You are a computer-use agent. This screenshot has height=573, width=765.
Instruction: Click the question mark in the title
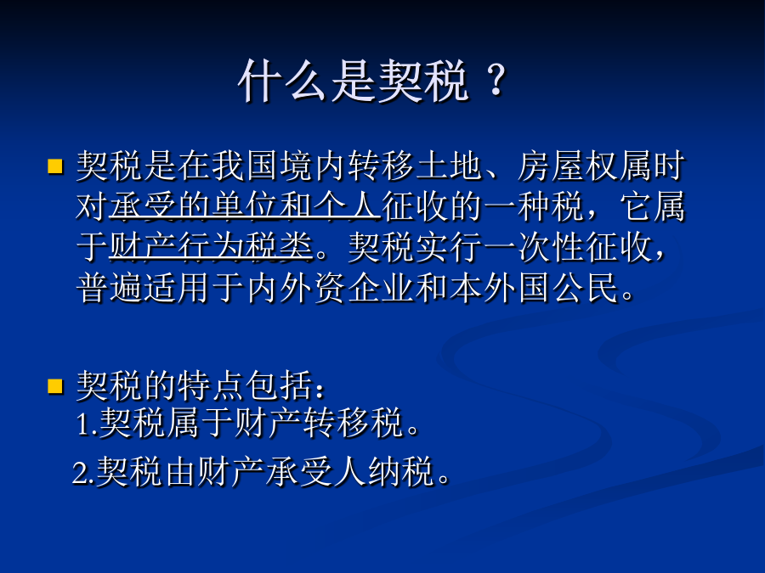pyautogui.click(x=497, y=80)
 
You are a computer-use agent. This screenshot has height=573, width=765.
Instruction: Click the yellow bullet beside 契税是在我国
pyautogui.click(x=55, y=166)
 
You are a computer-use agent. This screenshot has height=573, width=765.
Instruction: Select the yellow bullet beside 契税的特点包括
pyautogui.click(x=55, y=386)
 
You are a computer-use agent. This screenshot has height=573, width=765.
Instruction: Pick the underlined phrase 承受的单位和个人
pyautogui.click(x=246, y=206)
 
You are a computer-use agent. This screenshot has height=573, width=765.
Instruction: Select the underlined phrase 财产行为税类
pyautogui.click(x=212, y=247)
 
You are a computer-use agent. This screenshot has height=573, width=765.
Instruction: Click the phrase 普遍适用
pyautogui.click(x=144, y=288)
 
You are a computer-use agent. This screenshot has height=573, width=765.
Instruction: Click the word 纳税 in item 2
pyautogui.click(x=401, y=472)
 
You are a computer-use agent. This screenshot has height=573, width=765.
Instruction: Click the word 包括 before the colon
pyautogui.click(x=279, y=386)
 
